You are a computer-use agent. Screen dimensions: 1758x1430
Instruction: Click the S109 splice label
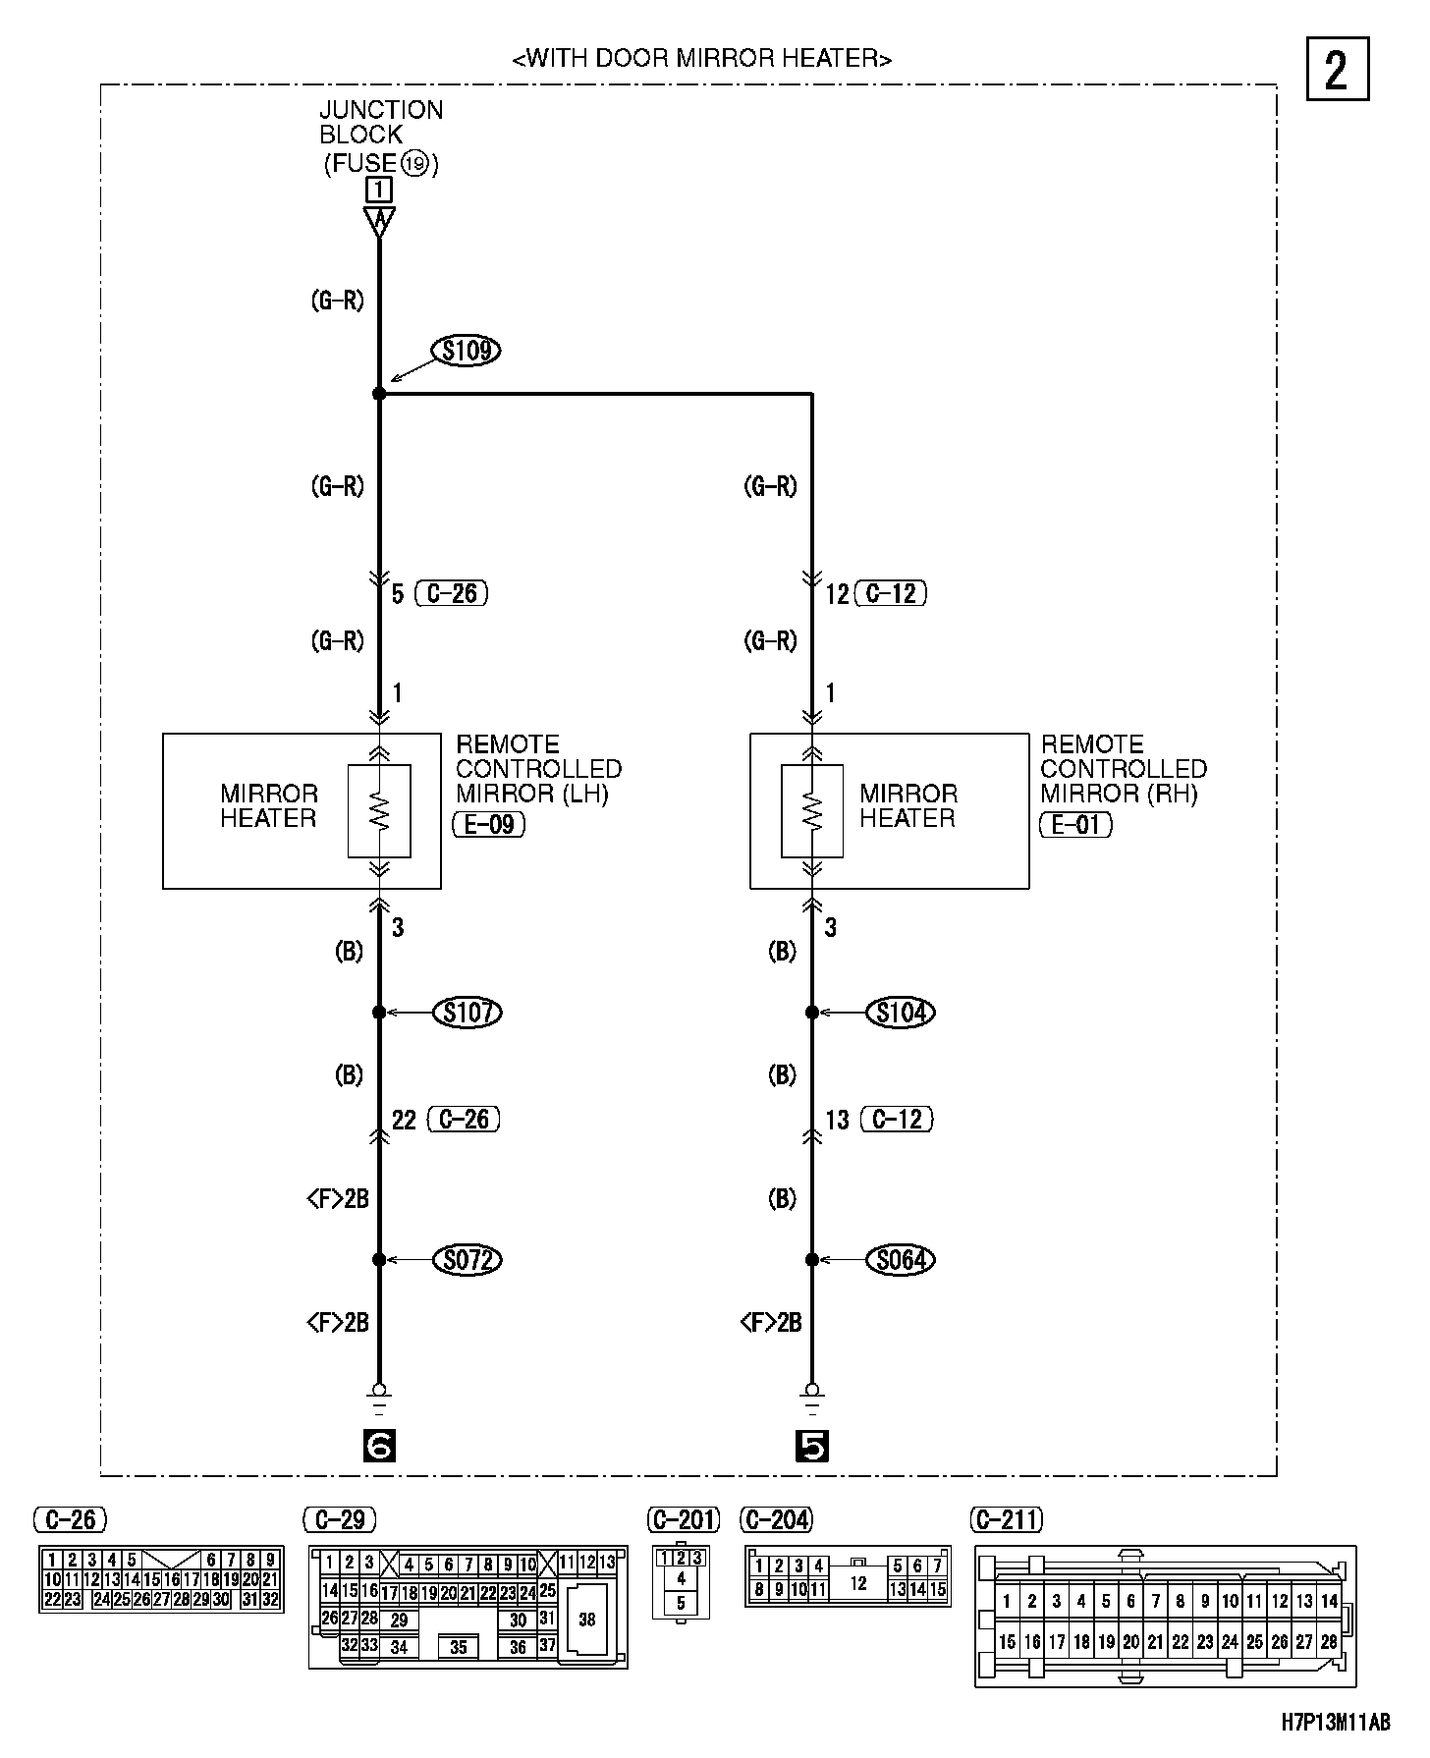[x=467, y=351]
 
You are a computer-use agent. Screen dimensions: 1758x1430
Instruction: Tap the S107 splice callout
[x=467, y=1012]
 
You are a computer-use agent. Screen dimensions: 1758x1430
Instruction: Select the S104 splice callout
[x=901, y=1012]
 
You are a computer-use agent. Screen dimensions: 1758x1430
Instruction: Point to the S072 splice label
[x=467, y=1259]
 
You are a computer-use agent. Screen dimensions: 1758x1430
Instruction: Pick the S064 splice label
[x=901, y=1259]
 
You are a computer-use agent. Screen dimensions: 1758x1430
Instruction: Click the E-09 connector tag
[x=489, y=824]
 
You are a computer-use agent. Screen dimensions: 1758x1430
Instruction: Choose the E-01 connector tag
[x=1075, y=824]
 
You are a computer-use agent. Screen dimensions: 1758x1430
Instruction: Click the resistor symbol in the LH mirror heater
[x=379, y=811]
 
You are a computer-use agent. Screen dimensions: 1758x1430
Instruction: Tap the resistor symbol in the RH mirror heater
[x=812, y=811]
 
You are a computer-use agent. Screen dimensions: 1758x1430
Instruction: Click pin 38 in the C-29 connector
[x=586, y=1620]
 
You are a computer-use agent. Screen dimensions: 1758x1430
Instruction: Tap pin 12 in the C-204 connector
[x=858, y=1583]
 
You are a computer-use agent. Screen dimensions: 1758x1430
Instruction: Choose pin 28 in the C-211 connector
[x=1329, y=1641]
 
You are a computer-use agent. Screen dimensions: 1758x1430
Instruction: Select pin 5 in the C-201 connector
[x=682, y=1603]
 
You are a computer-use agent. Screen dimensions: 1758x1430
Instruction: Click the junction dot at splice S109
[x=379, y=394]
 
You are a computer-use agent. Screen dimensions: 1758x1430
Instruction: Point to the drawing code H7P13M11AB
[x=1336, y=1722]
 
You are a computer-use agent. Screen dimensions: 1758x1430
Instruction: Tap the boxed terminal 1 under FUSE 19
[x=378, y=189]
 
